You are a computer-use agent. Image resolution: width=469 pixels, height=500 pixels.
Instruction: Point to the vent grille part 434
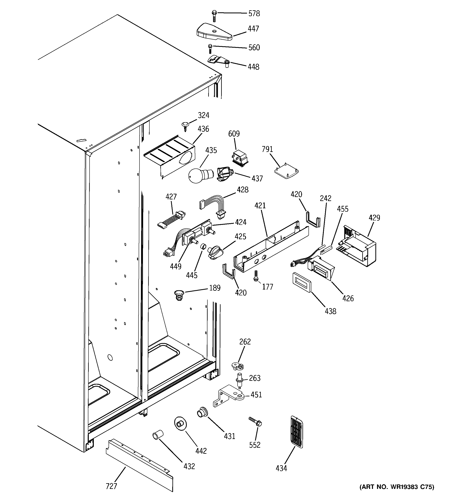(296, 432)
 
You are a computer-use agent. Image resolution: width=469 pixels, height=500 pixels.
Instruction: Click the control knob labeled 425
(214, 252)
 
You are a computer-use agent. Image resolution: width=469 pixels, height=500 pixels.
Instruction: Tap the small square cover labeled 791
(286, 173)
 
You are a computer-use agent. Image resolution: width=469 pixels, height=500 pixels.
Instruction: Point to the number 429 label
(374, 218)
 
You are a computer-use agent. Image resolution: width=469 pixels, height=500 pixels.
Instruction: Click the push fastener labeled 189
(179, 295)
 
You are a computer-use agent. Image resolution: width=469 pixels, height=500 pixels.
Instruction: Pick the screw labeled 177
(256, 276)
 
